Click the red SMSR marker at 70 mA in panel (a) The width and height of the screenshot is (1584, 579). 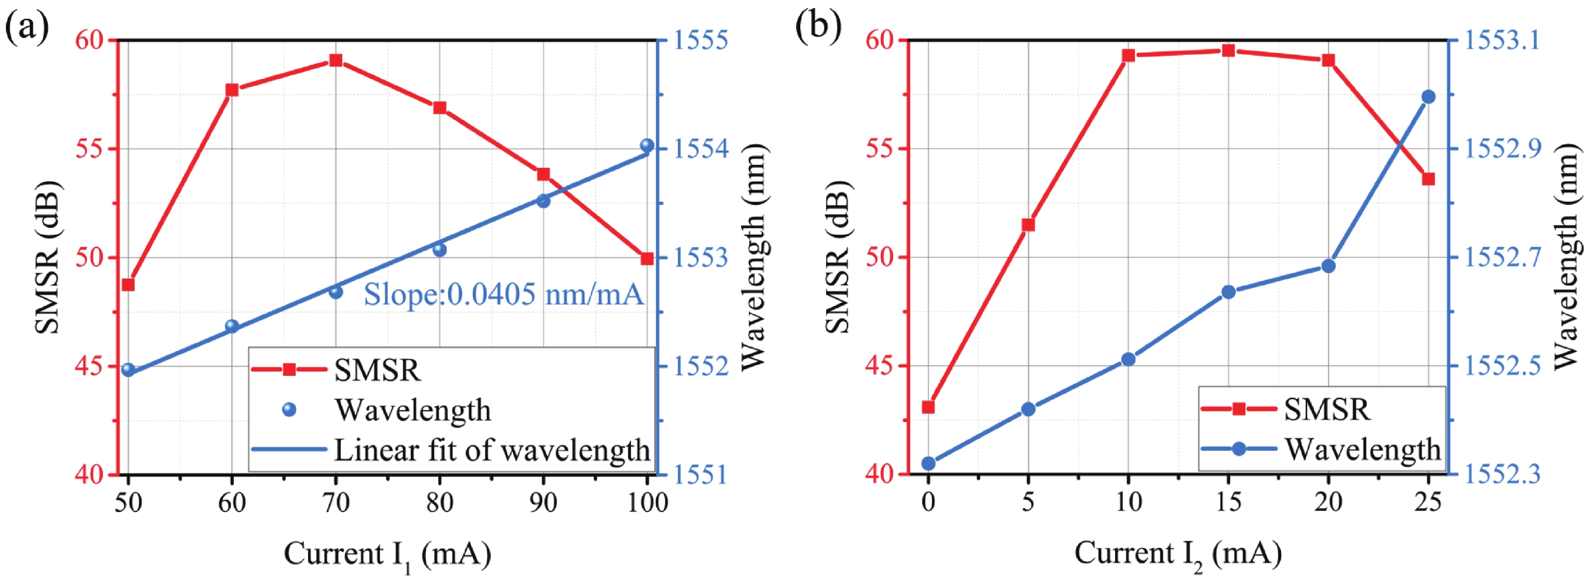coord(336,60)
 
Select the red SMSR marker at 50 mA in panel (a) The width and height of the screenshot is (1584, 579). coord(128,285)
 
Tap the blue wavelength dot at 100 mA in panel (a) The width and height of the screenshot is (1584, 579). coord(647,146)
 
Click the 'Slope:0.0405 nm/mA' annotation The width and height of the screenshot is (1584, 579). coord(504,294)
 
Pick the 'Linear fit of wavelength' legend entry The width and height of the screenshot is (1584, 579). coord(491,450)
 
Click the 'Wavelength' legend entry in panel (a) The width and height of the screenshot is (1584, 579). coord(412,410)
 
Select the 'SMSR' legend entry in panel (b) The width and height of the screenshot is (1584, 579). coord(1327,409)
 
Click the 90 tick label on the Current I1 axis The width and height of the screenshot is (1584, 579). coord(543,503)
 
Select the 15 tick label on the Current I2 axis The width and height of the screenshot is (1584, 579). coord(1228,503)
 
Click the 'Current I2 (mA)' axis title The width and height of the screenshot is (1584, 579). coord(1177,554)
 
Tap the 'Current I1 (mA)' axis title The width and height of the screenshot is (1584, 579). coord(387,554)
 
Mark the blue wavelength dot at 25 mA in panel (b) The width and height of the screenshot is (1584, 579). coord(1428,96)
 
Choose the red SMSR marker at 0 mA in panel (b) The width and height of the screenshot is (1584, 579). coord(929,407)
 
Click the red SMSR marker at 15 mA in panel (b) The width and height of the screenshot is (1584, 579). coord(1228,50)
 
